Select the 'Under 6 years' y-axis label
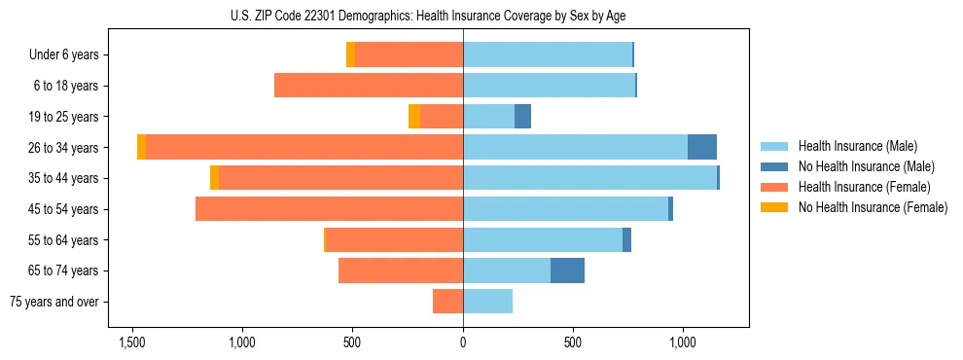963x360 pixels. pos(64,55)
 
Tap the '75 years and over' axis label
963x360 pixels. pos(54,302)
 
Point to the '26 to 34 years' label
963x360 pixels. pos(63,148)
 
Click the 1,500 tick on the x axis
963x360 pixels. pos(132,342)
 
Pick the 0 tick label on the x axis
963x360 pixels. pos(463,342)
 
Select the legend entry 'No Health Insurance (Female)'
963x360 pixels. pos(873,207)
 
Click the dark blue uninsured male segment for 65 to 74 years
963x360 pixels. pos(567,270)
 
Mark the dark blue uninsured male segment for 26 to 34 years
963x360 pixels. pos(702,147)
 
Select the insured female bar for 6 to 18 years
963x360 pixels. pos(369,86)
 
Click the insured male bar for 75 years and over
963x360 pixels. pos(487,302)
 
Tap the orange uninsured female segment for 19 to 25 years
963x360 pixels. pos(414,117)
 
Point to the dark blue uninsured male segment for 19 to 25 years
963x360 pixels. pos(522,117)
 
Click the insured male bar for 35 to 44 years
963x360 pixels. pos(589,178)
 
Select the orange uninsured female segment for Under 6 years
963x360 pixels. pos(350,54)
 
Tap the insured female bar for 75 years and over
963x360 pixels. pos(447,302)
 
